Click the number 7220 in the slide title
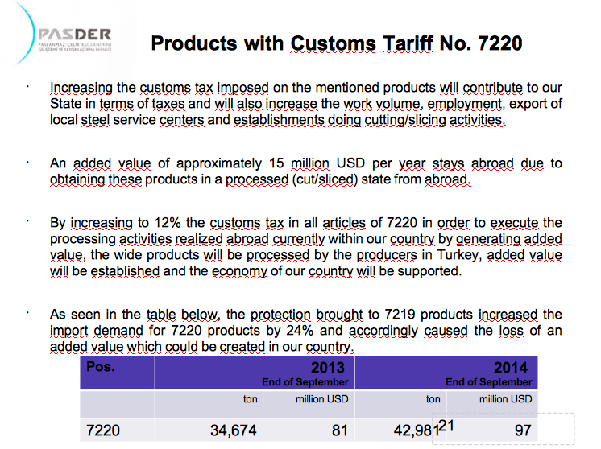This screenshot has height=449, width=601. point(493,42)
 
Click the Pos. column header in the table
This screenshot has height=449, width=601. point(100,367)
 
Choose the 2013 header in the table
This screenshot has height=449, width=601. point(331,368)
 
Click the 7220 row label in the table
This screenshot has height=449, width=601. point(102,430)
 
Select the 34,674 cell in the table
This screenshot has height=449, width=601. point(233,430)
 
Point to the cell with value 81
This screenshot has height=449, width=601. point(339,430)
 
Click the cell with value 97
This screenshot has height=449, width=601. point(523,430)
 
